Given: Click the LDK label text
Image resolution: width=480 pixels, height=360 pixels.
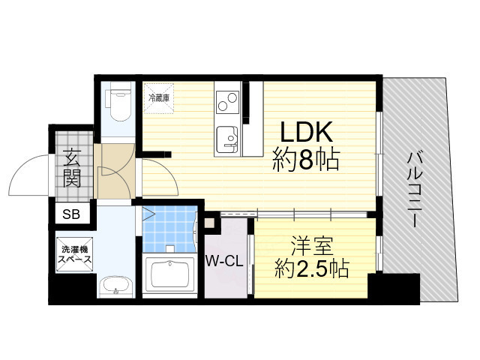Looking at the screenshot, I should pos(306,133).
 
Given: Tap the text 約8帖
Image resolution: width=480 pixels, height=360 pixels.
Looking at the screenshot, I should pos(306,160).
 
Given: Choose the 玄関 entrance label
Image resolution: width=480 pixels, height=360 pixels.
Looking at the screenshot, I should pos(72,169).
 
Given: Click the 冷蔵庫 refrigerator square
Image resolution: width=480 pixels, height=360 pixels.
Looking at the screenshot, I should pos(158,97).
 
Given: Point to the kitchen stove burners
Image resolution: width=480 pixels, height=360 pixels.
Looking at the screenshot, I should pos(226,100).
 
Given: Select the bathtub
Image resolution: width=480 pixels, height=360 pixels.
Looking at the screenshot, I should pos(171,274).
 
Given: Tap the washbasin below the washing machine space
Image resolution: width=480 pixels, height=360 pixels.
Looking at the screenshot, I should pos(116,286).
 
